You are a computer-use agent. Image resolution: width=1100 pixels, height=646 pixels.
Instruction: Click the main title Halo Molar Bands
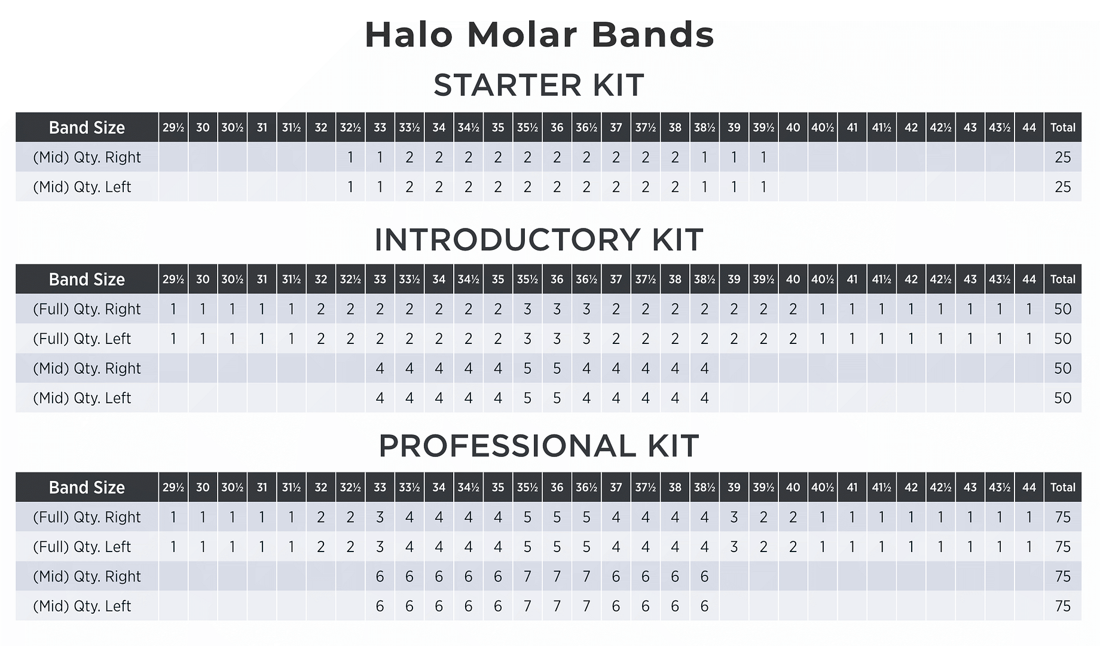[539, 35]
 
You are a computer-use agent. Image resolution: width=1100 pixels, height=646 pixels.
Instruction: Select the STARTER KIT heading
[539, 85]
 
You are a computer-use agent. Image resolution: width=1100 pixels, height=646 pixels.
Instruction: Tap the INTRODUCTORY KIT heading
[539, 240]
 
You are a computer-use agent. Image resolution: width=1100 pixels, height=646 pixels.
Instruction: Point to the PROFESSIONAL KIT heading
[539, 446]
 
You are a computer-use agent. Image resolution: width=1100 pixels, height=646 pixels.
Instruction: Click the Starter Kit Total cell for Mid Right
[1062, 157]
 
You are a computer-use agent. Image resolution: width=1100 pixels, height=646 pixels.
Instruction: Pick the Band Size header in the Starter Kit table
[87, 127]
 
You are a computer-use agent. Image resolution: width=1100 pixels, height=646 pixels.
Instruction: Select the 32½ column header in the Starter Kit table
[350, 127]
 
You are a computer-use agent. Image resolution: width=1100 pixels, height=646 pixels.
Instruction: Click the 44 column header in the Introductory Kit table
[1029, 279]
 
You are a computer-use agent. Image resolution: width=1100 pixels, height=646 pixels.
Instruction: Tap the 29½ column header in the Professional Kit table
[173, 487]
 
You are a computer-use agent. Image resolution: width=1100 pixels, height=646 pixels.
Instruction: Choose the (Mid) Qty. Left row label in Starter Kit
[82, 187]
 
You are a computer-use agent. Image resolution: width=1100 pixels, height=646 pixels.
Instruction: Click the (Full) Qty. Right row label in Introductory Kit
[87, 309]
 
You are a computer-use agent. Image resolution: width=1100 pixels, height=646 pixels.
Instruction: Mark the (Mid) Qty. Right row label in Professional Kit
[87, 577]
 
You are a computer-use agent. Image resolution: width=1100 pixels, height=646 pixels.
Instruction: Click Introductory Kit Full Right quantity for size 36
[557, 309]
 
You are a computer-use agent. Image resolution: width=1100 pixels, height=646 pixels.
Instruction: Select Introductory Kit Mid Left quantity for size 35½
[527, 398]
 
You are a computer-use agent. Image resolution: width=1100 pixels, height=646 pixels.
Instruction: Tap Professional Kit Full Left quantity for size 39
[734, 547]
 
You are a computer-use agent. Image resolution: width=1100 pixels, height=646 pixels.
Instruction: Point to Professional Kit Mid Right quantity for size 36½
[586, 577]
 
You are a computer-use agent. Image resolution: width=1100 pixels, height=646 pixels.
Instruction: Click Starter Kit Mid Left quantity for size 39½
[763, 187]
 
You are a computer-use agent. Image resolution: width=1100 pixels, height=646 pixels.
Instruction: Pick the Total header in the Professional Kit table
[1062, 487]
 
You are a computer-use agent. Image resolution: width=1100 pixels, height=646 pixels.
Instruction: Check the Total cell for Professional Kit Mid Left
[1062, 606]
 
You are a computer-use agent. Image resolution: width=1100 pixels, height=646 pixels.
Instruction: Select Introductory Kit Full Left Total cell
[1062, 339]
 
